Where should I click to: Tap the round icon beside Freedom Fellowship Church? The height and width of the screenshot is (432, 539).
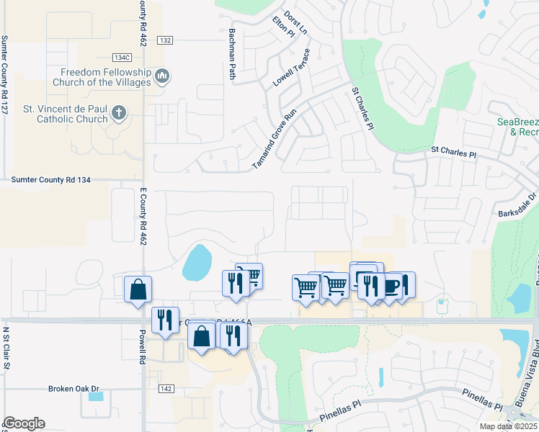pyautogui.click(x=162, y=75)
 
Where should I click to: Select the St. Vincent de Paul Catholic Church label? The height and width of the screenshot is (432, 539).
pyautogui.click(x=65, y=114)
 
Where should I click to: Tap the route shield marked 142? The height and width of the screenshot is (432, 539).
pyautogui.click(x=165, y=388)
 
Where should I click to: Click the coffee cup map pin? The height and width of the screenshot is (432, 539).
pyautogui.click(x=391, y=286)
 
